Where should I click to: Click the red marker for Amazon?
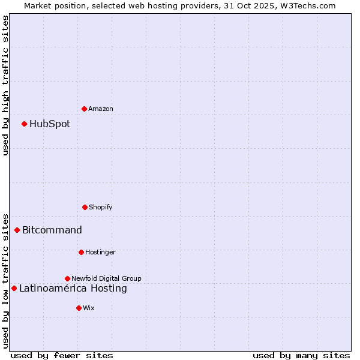tap(84, 109)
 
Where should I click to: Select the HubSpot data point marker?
tap(24, 124)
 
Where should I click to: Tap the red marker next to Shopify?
tap(85, 207)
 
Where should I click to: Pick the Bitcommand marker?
tap(17, 230)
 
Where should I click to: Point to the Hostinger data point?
tap(81, 252)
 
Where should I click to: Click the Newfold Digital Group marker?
tap(67, 278)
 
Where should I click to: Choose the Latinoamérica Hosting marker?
tap(14, 288)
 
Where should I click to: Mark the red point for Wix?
tap(79, 308)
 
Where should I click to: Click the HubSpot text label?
tap(50, 124)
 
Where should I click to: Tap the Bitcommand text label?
tap(52, 230)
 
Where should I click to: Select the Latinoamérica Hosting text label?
tap(73, 289)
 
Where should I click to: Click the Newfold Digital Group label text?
tap(106, 278)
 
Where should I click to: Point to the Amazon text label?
tap(101, 109)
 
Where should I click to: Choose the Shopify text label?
tap(101, 207)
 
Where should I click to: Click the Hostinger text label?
tap(100, 252)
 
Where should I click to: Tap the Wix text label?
tap(89, 308)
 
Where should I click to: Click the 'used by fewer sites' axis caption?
tap(62, 355)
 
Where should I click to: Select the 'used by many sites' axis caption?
tap(301, 355)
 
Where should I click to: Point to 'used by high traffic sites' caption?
tap(5, 85)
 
